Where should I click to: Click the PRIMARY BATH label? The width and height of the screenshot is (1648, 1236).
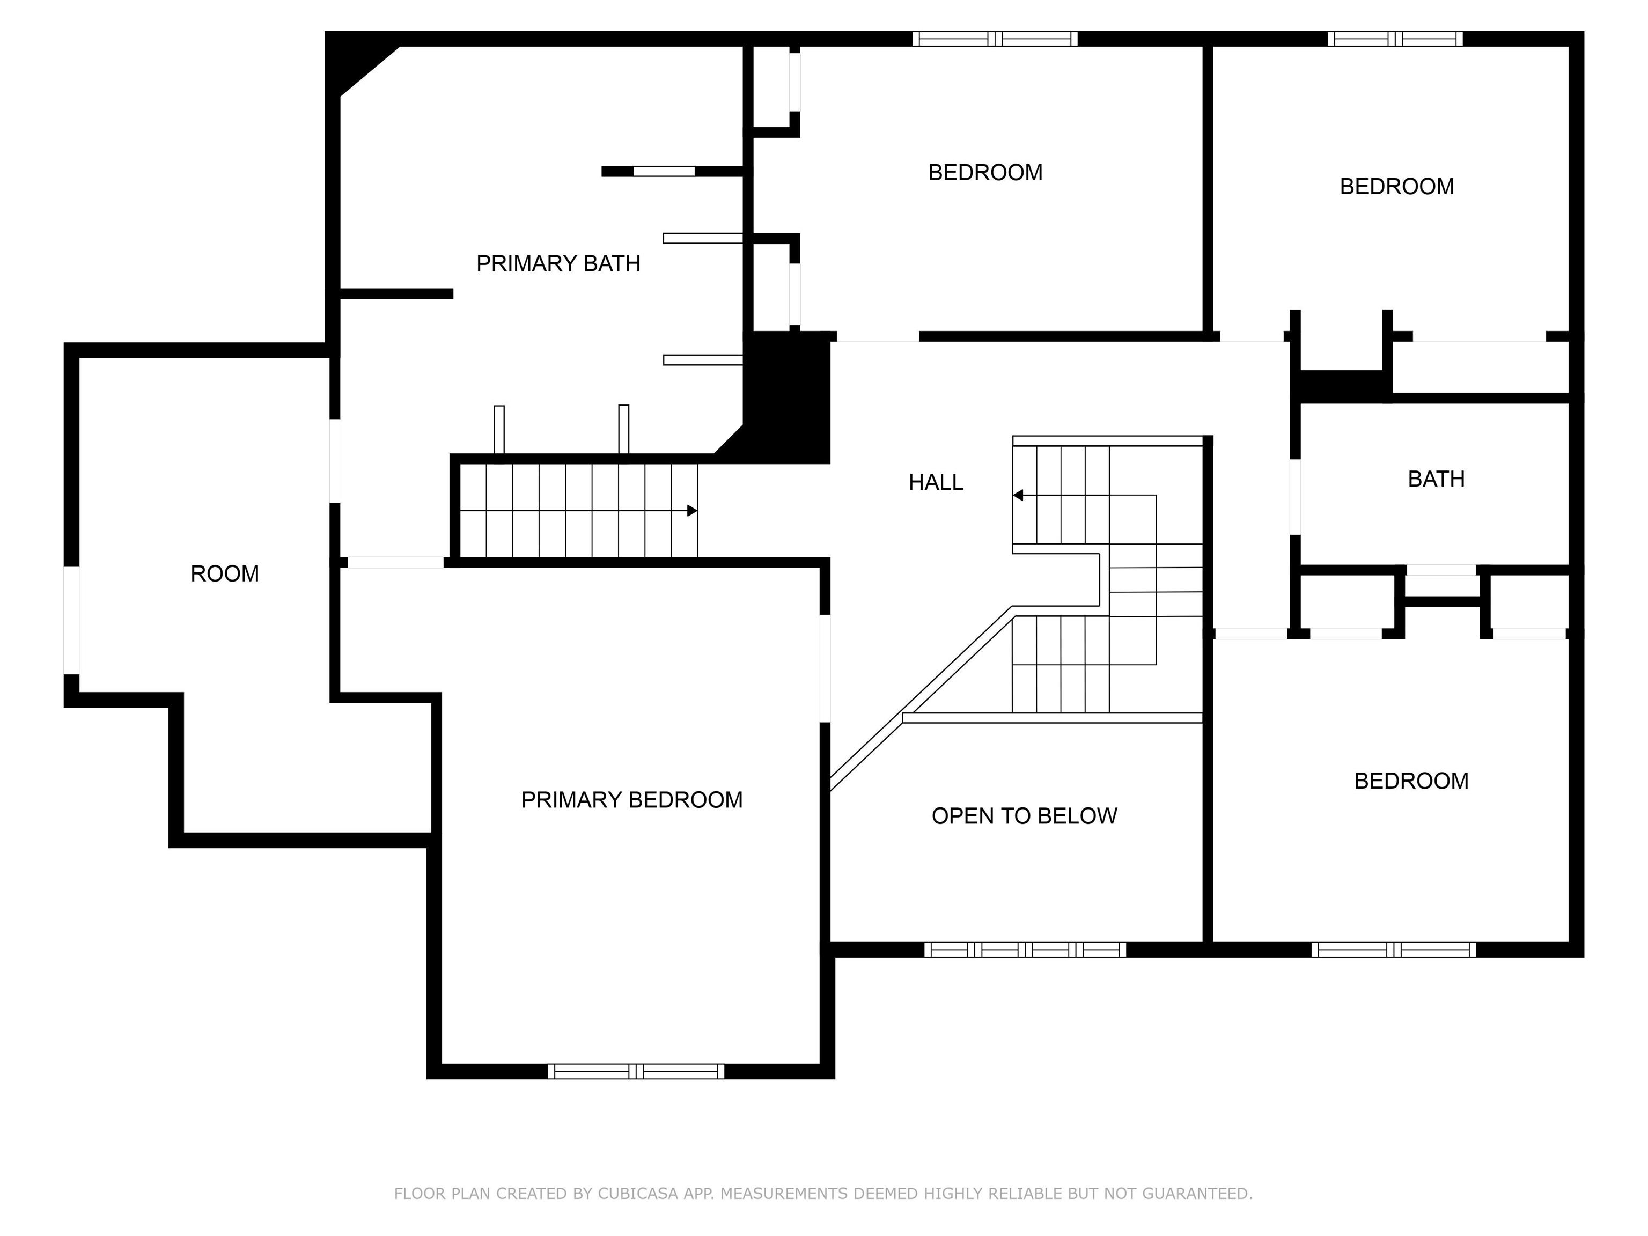(558, 264)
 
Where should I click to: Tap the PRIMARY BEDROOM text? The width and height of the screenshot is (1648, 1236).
(632, 800)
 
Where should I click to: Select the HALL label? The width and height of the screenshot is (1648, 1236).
(936, 483)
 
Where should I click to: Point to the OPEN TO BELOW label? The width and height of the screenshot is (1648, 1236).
(1025, 816)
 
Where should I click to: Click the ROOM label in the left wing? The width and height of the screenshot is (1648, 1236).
(224, 573)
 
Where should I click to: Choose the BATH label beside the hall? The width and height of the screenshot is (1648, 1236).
(1436, 479)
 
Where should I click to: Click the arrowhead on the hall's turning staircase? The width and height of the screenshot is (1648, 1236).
(1018, 496)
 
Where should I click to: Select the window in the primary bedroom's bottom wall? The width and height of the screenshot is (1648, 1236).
(636, 1071)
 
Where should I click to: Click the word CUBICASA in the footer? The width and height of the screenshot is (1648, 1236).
(637, 1194)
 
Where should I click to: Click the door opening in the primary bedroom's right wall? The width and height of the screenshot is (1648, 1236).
(825, 668)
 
